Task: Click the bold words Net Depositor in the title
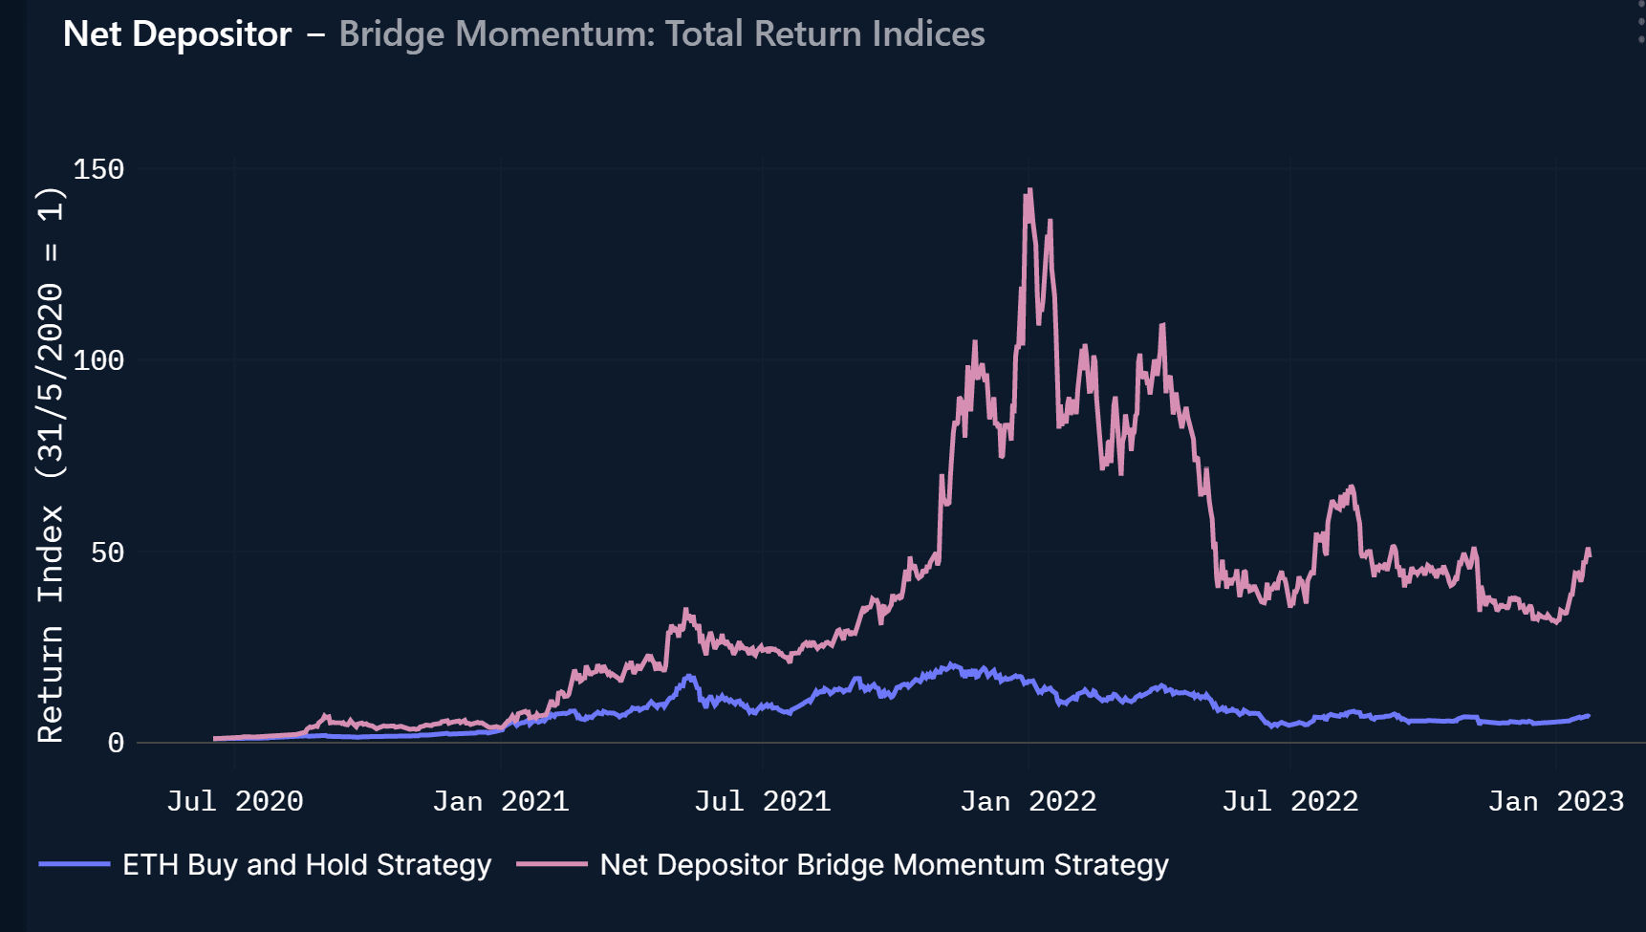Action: point(177,34)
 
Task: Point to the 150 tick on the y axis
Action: point(98,169)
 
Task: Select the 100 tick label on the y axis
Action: point(98,360)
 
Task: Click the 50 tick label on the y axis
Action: point(107,553)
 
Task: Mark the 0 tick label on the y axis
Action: point(116,743)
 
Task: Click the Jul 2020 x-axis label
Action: point(234,801)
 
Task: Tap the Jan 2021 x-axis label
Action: point(500,801)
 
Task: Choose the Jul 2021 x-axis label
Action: point(762,801)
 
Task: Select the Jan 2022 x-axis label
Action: point(1028,801)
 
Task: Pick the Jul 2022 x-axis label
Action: point(1289,801)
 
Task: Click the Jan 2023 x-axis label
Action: point(1555,801)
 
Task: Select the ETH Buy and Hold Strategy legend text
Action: point(306,865)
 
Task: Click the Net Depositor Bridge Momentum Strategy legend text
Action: point(883,865)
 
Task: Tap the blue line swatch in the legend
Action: point(75,864)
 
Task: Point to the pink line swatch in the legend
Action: point(552,864)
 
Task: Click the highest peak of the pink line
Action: point(1029,190)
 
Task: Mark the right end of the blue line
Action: point(1588,716)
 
